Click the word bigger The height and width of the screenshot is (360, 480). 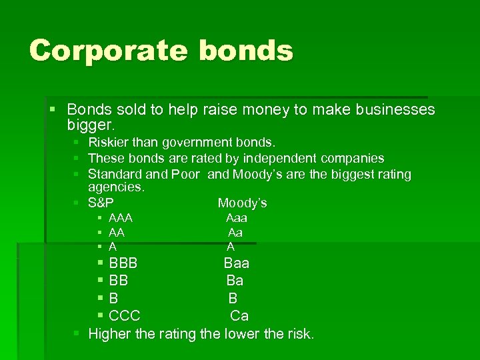point(91,124)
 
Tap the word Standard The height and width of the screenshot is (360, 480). point(115,175)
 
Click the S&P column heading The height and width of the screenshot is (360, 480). point(101,203)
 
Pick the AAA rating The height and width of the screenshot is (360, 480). point(121,218)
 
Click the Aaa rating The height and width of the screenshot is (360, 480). point(237,218)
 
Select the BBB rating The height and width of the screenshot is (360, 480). point(123,263)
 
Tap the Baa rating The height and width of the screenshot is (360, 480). point(237,263)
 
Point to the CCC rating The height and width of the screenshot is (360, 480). point(125,315)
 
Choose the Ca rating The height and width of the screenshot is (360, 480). point(239,315)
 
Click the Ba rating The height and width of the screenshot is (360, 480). point(235,281)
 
